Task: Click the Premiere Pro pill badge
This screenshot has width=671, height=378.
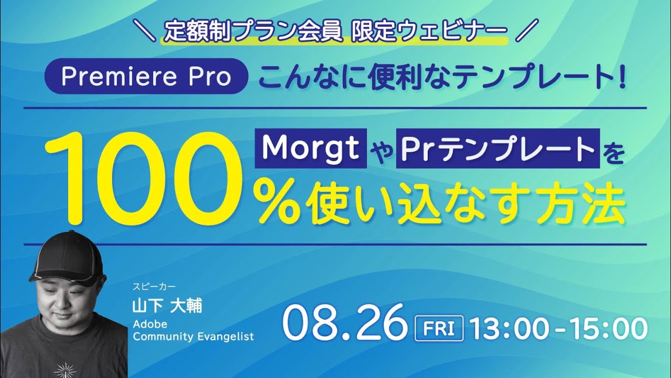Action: point(146,77)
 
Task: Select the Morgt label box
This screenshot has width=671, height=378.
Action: point(310,149)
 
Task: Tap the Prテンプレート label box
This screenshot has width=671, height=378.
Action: point(497,150)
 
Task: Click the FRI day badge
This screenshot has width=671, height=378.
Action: point(438,329)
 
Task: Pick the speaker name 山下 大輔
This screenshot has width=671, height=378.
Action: point(167,306)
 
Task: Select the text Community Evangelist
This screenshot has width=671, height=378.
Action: point(193,337)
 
